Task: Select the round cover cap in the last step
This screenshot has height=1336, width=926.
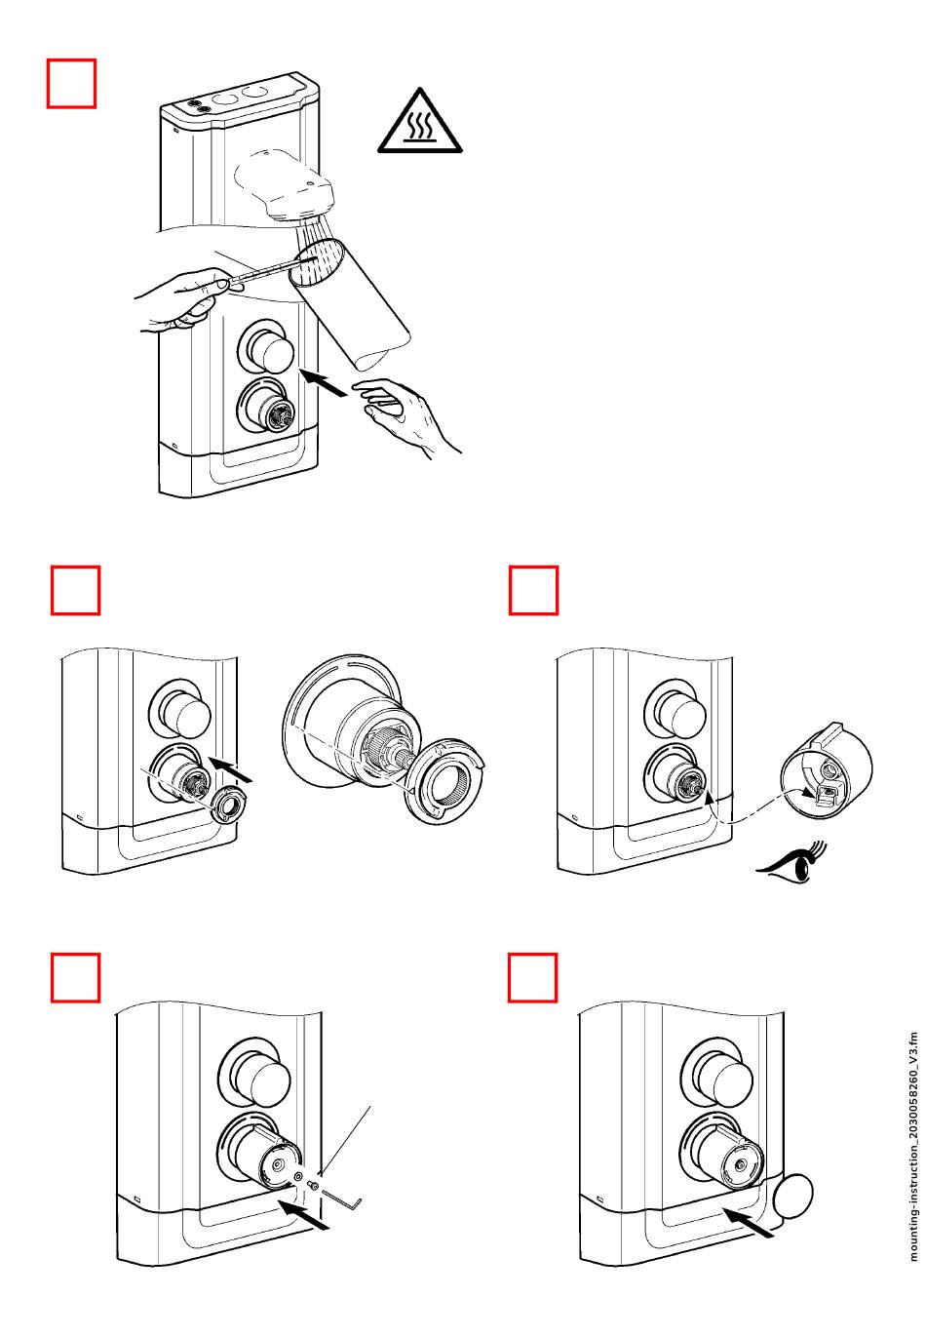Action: [x=792, y=1196]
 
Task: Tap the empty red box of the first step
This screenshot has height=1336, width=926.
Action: [x=72, y=83]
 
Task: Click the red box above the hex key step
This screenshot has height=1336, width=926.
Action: [x=75, y=977]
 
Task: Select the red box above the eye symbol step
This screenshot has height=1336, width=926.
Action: [x=533, y=590]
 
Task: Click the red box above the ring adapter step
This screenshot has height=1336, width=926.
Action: [x=75, y=590]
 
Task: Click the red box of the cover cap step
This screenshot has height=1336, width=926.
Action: [x=533, y=977]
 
